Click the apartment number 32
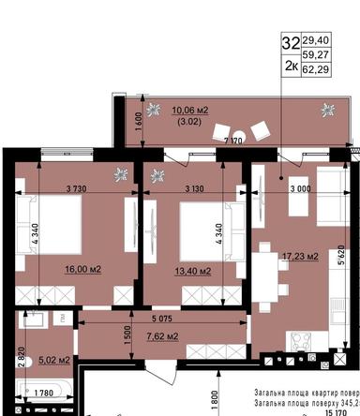coord(292,42)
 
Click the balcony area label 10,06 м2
coord(189,110)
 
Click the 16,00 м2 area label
coord(82,270)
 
